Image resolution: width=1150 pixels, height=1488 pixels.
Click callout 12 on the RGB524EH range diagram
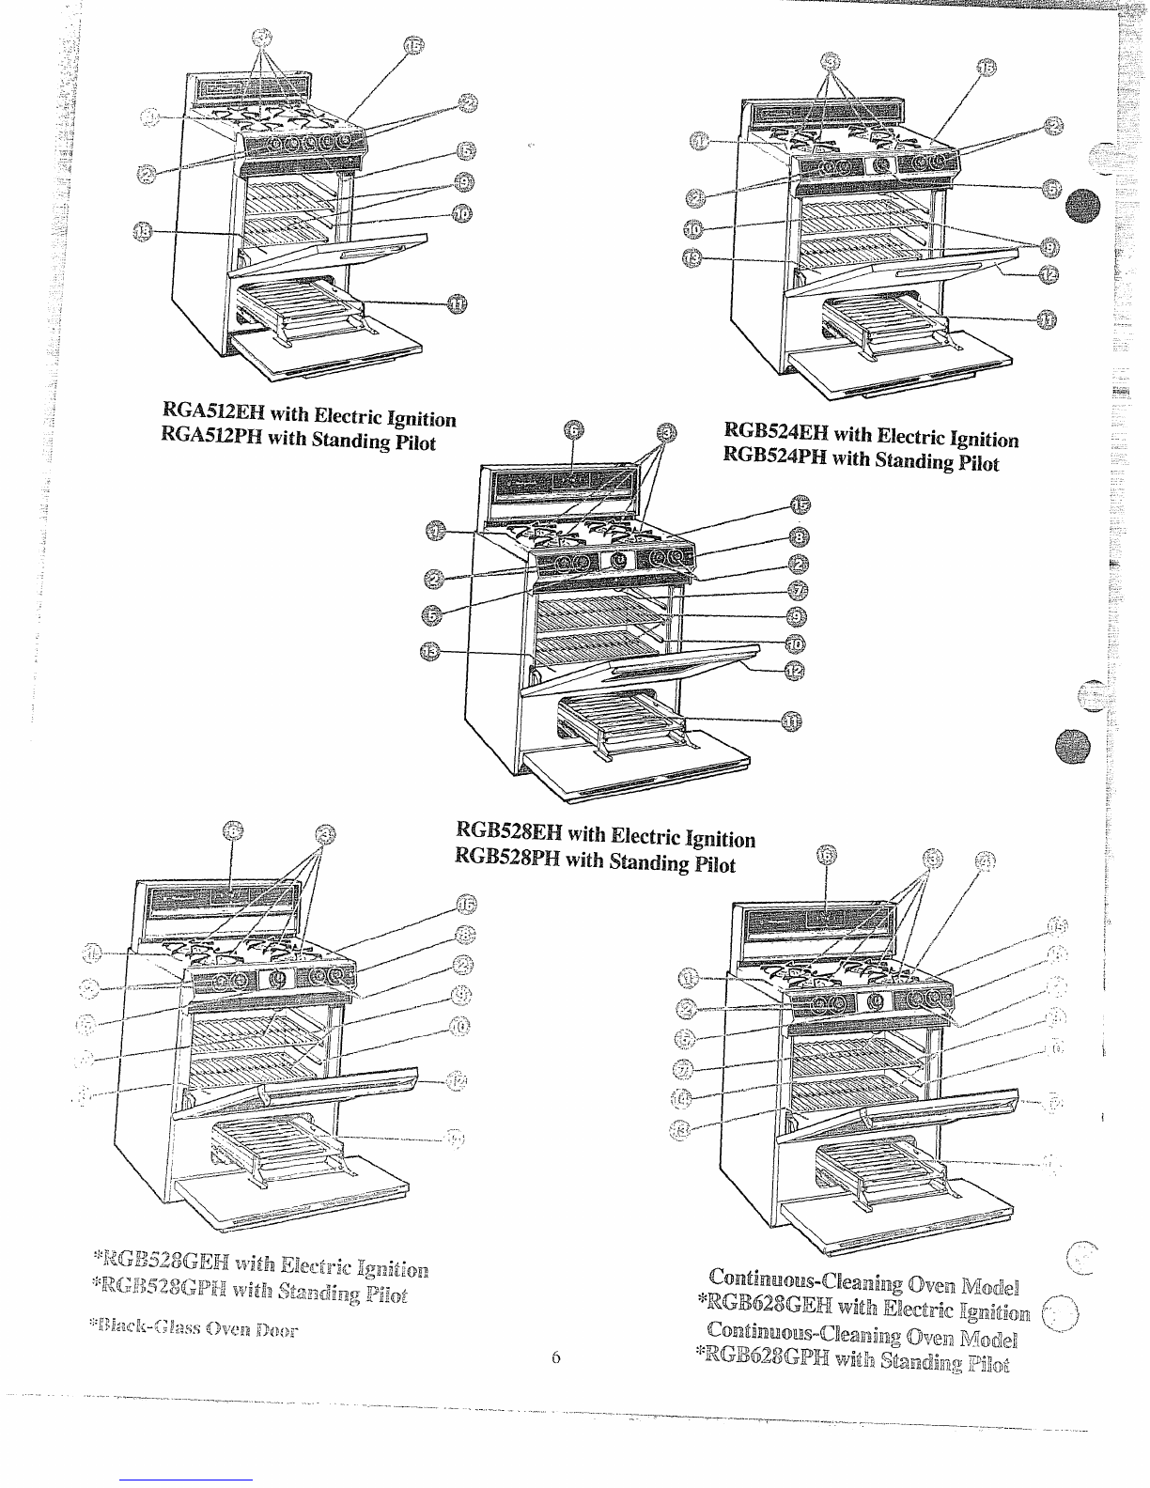(x=1049, y=273)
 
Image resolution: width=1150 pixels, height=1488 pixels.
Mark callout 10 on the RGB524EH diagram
(x=693, y=228)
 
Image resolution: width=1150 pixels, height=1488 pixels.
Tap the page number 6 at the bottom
(x=555, y=1356)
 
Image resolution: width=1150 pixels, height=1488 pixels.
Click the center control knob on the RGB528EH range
(x=619, y=561)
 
